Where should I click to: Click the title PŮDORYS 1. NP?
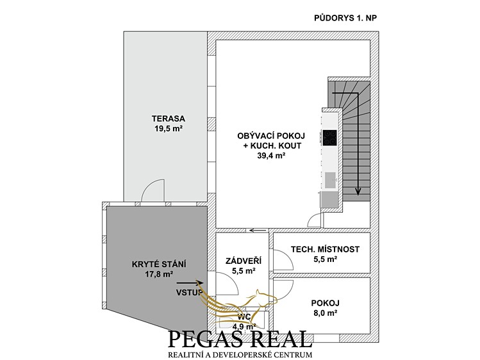(345, 18)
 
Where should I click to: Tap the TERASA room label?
(169, 119)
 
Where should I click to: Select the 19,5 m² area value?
(169, 129)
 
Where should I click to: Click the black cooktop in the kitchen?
(329, 137)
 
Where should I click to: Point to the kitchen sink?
(330, 180)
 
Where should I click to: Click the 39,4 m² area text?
(272, 156)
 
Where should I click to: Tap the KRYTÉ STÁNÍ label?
(159, 264)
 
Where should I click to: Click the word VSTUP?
(190, 292)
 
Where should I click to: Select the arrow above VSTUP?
(190, 283)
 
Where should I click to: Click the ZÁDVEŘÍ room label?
(244, 261)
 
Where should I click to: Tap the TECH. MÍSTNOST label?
(325, 249)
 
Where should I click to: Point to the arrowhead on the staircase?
(358, 192)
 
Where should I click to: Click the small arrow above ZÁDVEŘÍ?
(258, 231)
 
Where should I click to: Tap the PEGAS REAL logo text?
(240, 339)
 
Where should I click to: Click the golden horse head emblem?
(266, 299)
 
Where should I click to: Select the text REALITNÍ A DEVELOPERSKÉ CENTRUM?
(240, 355)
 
